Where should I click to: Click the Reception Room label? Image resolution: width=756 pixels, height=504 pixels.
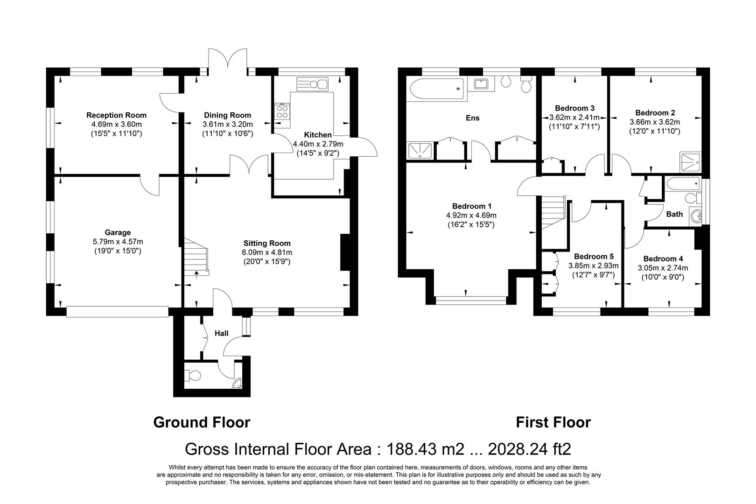coord(116,115)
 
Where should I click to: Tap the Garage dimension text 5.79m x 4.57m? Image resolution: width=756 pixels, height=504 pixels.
coord(117,242)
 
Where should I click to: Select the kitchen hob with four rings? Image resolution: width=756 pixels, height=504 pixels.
coord(282,112)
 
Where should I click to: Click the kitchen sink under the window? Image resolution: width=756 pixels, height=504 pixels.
coord(313,84)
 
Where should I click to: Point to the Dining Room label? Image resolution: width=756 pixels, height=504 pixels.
coord(227,115)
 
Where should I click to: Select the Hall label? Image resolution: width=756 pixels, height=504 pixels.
coord(221,333)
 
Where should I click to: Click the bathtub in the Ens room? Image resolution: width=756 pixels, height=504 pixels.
coord(436,89)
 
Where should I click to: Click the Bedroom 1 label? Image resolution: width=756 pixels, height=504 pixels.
coord(471,206)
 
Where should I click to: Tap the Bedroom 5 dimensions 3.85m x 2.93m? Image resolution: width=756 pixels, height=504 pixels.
coord(593,266)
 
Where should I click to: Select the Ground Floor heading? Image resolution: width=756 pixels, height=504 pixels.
coord(202,422)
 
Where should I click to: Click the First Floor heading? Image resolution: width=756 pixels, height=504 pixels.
coord(553,422)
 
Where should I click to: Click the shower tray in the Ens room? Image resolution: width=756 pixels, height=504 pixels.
coord(420,151)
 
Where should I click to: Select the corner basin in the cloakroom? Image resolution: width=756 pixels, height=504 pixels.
coord(238,384)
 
